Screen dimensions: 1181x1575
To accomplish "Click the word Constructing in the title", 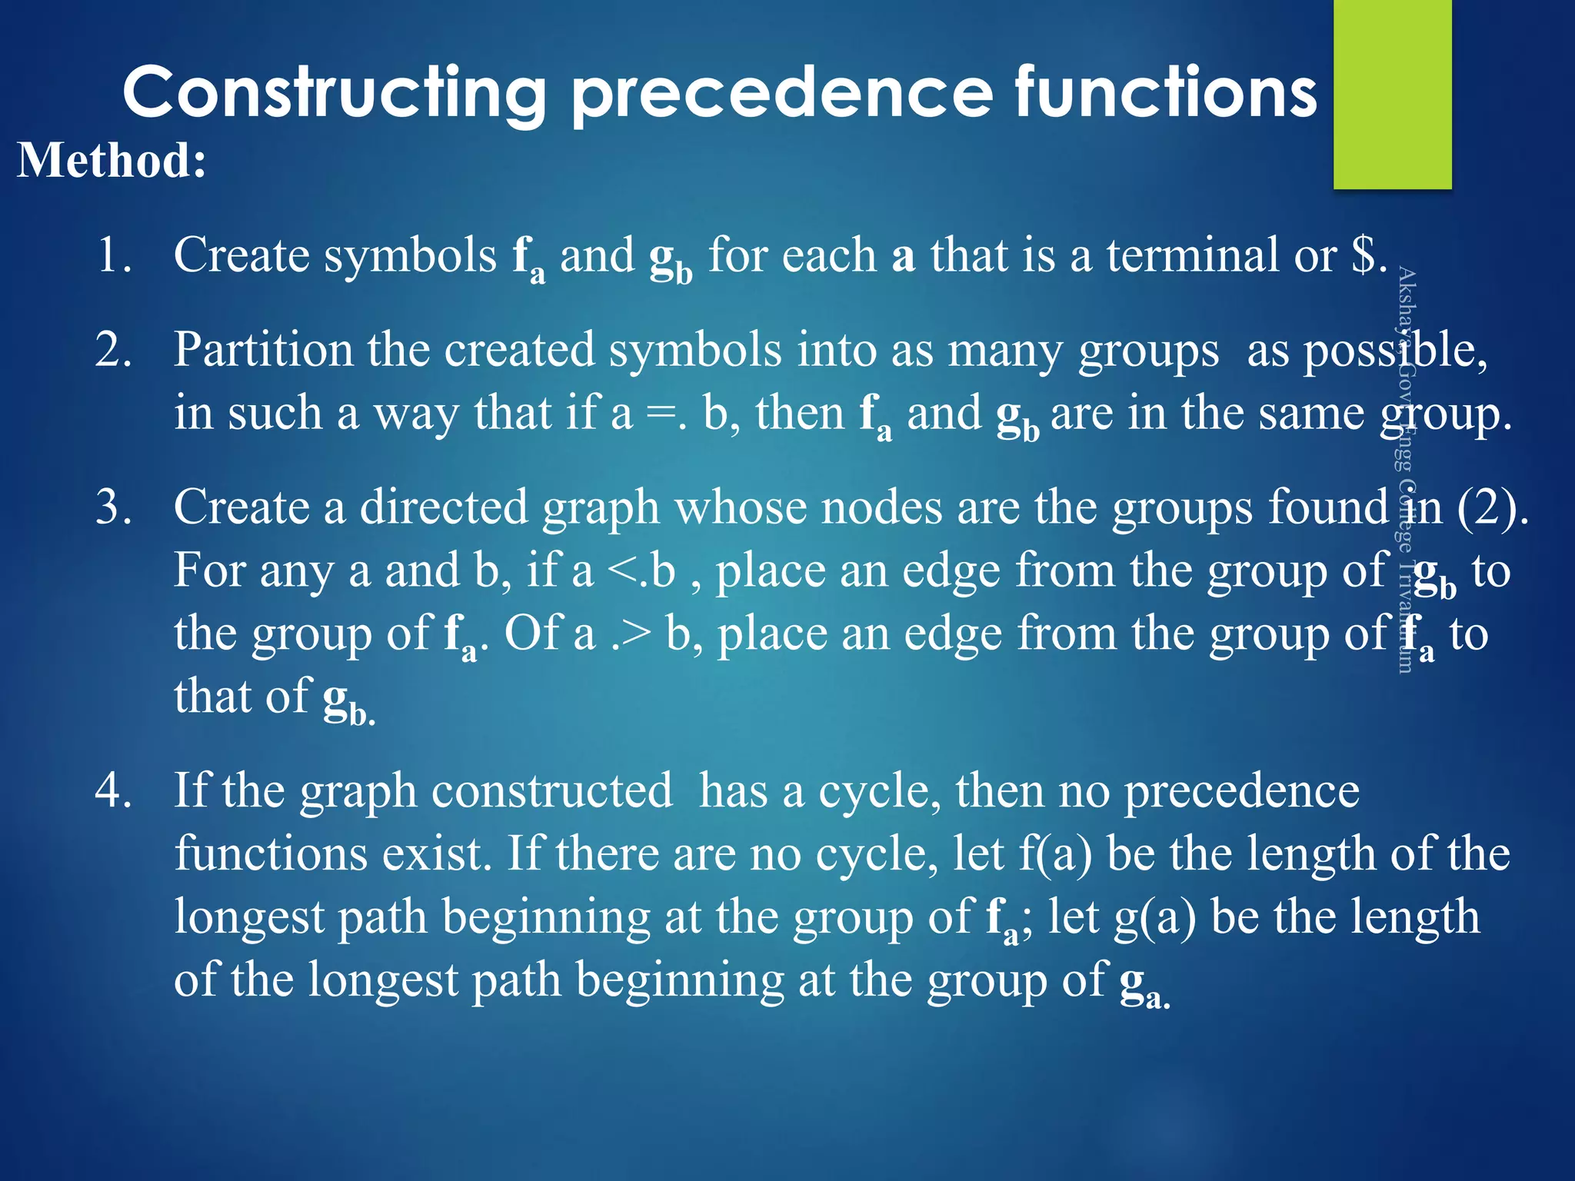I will pyautogui.click(x=334, y=94).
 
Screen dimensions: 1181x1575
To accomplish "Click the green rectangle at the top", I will pyautogui.click(x=1392, y=94).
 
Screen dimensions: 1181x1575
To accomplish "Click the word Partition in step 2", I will pyautogui.click(x=262, y=350).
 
